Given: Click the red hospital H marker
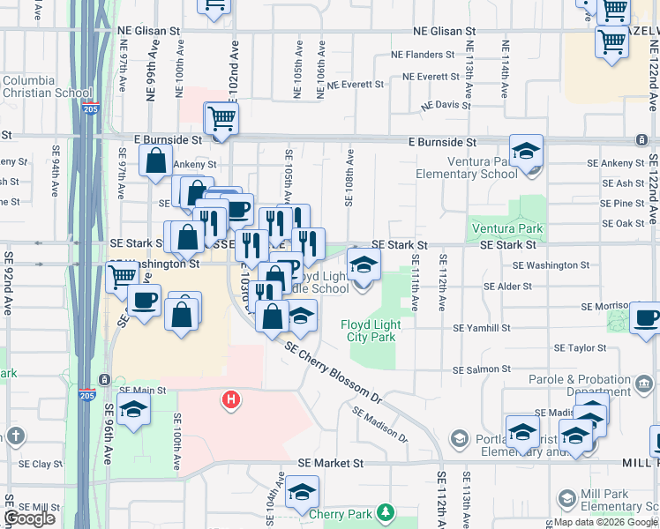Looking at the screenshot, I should (231, 400).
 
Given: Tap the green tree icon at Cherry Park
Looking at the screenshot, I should (385, 512).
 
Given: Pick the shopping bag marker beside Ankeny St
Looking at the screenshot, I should (155, 161).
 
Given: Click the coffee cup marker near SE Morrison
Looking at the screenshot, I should (647, 317).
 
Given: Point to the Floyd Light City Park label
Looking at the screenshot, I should (371, 332).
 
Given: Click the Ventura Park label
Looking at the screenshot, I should (505, 229).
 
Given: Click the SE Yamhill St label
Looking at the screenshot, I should (482, 327).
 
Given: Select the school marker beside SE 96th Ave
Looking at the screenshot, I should (134, 409).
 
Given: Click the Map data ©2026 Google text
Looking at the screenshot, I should (604, 522).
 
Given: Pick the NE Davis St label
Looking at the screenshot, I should (446, 105).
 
